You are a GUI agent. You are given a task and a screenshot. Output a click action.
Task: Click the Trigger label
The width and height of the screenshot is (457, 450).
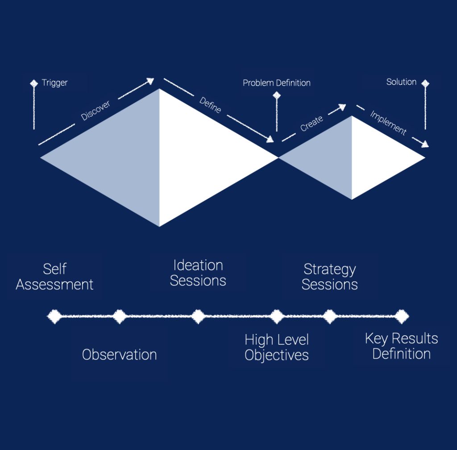54,83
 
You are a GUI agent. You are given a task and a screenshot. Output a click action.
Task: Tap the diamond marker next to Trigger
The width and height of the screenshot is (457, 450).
34,83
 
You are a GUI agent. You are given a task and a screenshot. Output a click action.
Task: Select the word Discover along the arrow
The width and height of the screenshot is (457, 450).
96,110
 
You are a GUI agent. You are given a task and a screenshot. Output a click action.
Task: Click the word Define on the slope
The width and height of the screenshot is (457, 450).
210,105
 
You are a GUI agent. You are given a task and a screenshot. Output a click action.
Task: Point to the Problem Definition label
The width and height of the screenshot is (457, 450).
276,83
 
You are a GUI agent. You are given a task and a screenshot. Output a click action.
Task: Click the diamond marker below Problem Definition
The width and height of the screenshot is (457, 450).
277,95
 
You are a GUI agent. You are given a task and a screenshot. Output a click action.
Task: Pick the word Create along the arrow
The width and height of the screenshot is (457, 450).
312,124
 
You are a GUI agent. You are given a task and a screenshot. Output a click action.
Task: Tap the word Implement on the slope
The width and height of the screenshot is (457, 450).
388,123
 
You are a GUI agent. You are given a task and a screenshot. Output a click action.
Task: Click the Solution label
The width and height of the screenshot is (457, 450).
401,82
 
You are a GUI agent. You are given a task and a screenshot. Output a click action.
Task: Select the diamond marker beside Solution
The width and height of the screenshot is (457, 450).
425,83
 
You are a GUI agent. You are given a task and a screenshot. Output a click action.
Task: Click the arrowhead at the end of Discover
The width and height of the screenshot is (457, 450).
150,81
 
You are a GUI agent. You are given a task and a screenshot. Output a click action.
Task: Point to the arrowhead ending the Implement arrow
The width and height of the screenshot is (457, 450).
425,144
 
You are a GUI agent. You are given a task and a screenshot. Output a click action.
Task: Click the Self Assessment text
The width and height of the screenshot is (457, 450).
54,277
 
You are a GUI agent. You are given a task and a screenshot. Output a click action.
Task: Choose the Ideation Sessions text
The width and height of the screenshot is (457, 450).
198,273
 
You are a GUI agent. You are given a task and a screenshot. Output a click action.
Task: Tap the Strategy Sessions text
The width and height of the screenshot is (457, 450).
329,277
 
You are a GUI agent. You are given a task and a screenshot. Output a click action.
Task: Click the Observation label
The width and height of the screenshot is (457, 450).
119,355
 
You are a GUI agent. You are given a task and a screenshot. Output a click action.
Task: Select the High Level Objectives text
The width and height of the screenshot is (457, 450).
277,347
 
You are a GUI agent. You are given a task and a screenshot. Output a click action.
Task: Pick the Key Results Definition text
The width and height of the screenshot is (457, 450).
401,346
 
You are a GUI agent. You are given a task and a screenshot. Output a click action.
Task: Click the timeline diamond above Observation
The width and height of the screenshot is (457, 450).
119,317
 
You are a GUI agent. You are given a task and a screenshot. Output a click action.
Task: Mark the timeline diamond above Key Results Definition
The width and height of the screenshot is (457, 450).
402,317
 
